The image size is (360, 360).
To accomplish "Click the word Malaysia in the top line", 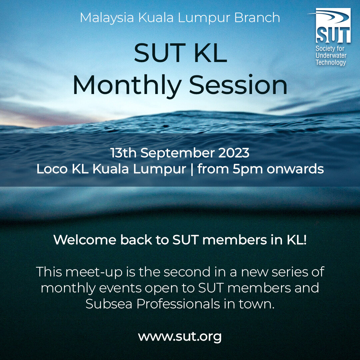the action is coord(107,18).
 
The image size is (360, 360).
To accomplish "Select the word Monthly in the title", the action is coord(127,85).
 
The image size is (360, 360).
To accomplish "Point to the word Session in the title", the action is coord(238,85).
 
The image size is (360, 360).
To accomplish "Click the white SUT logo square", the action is coord(333,25).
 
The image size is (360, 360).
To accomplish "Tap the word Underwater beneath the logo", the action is coord(331,55).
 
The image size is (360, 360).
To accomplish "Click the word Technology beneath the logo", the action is coord(331,62).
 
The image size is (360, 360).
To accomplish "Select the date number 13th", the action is coord(124,153).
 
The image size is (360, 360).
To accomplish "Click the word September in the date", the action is coord(177,153).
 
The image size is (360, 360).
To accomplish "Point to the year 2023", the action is coord(234,153).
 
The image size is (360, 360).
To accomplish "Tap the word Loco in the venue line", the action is coord(52,169).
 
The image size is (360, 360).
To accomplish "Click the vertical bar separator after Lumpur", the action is coord(192,169).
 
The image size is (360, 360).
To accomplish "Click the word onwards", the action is coord(295,169).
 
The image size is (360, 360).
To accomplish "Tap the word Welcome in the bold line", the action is coord(85,240).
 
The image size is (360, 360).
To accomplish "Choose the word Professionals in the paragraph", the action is coord(178,304).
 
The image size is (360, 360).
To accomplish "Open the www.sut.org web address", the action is coord(180,337).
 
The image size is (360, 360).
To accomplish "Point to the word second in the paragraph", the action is coord(187,272).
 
